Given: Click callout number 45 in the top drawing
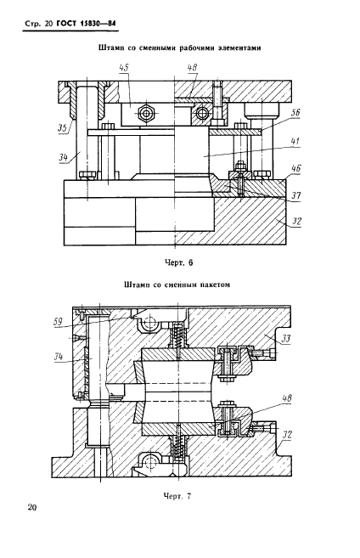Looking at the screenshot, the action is (124, 68).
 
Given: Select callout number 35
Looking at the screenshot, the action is (63, 127).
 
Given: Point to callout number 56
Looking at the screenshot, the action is (295, 113).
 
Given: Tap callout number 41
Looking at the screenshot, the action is (295, 141).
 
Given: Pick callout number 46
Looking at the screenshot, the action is (295, 168).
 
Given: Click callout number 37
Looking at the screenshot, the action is (295, 195).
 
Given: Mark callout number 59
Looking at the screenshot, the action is (58, 322).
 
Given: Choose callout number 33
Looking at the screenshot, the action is (285, 338).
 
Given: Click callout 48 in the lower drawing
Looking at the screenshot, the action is (286, 397).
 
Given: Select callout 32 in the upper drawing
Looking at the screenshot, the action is (296, 222).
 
